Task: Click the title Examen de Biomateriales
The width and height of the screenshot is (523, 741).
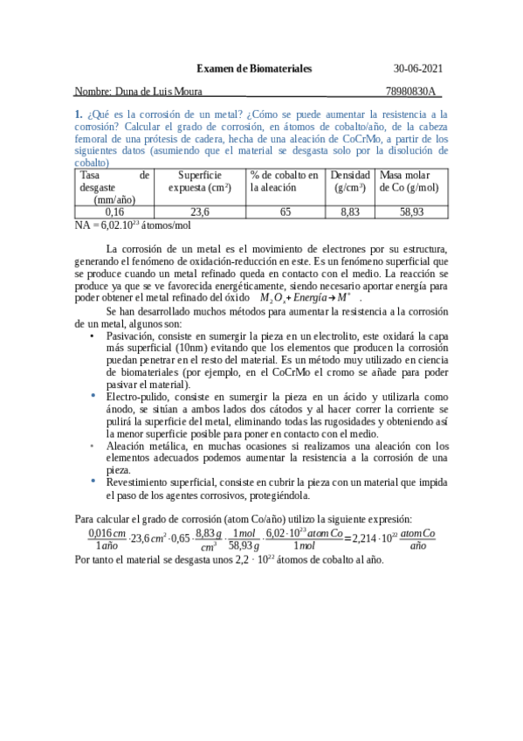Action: tap(253, 67)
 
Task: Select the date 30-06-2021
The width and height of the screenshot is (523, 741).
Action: tap(418, 67)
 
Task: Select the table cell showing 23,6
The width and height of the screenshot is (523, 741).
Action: tap(200, 211)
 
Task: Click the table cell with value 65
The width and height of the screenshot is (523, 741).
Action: tap(286, 211)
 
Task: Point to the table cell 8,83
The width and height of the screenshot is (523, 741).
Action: tap(350, 211)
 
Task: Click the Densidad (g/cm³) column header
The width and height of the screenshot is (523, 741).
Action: tap(350, 181)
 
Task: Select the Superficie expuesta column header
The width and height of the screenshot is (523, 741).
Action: tap(200, 181)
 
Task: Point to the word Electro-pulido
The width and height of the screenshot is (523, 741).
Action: tap(136, 397)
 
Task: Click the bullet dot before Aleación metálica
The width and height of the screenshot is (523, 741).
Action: tap(94, 446)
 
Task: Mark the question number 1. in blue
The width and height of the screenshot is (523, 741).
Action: tap(79, 114)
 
